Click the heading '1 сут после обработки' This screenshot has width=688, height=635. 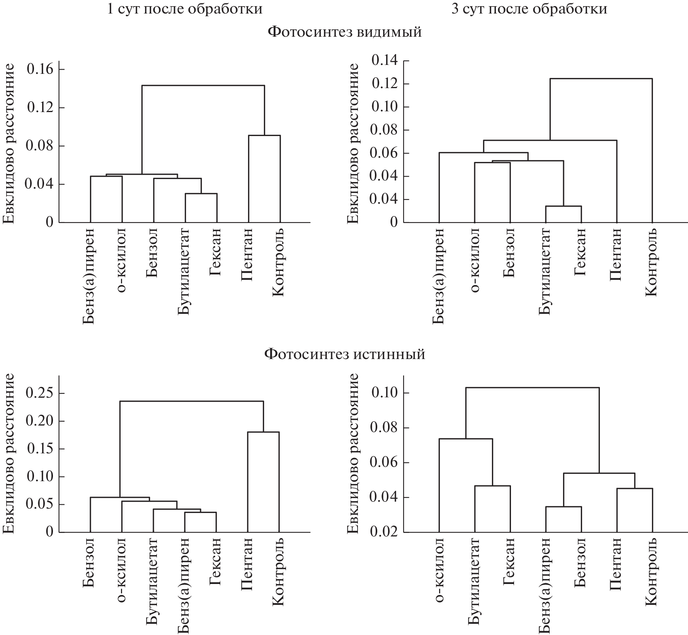[184, 9]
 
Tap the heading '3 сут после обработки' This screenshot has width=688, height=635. [529, 9]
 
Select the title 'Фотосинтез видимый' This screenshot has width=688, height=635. [344, 32]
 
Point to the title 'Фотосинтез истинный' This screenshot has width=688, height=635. [344, 354]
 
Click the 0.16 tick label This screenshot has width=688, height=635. [41, 69]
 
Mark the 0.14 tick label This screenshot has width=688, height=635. [385, 61]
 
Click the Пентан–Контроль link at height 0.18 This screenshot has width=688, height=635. [263, 432]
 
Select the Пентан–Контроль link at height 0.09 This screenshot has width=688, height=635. [264, 135]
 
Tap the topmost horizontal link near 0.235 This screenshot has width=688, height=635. [191, 401]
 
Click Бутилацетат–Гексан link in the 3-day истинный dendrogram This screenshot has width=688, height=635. [492, 486]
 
